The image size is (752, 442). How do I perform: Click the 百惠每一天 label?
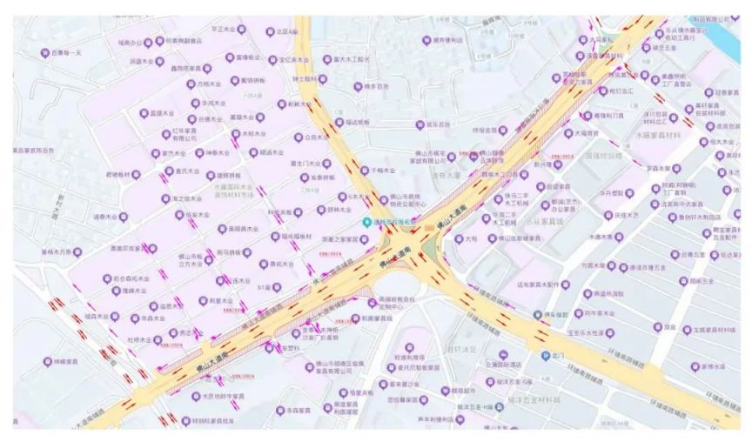coord(66,53)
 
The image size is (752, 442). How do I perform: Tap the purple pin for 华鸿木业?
coord(195,103)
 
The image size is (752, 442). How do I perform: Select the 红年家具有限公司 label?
coord(183,135)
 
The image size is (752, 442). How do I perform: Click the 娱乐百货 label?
coord(438,125)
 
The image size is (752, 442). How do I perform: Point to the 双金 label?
coord(669,328)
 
